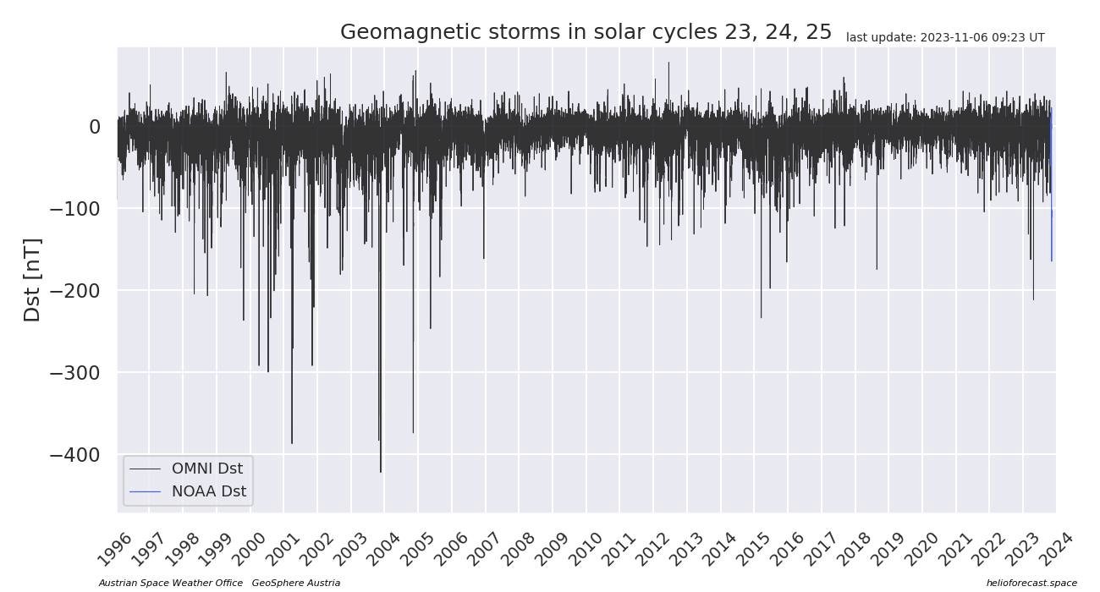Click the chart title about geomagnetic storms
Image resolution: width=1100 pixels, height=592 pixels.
coord(586,32)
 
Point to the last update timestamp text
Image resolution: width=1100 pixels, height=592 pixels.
coord(945,37)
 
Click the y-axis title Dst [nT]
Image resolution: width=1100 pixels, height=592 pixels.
coord(32,280)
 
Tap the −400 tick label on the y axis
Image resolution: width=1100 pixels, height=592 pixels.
coord(74,455)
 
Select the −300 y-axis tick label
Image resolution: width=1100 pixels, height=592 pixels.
coord(74,373)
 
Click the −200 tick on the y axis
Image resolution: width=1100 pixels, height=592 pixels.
coord(74,291)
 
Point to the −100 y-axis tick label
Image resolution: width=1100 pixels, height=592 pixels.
coord(74,209)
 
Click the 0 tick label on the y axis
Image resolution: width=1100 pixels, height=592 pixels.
coord(94,127)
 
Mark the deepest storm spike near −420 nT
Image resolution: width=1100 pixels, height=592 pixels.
coord(381,470)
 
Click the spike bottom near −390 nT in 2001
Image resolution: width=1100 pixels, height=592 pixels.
coord(292,442)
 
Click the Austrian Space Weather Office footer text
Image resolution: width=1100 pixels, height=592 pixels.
coord(170,583)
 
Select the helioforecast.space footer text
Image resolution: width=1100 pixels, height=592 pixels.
coord(1031,583)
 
